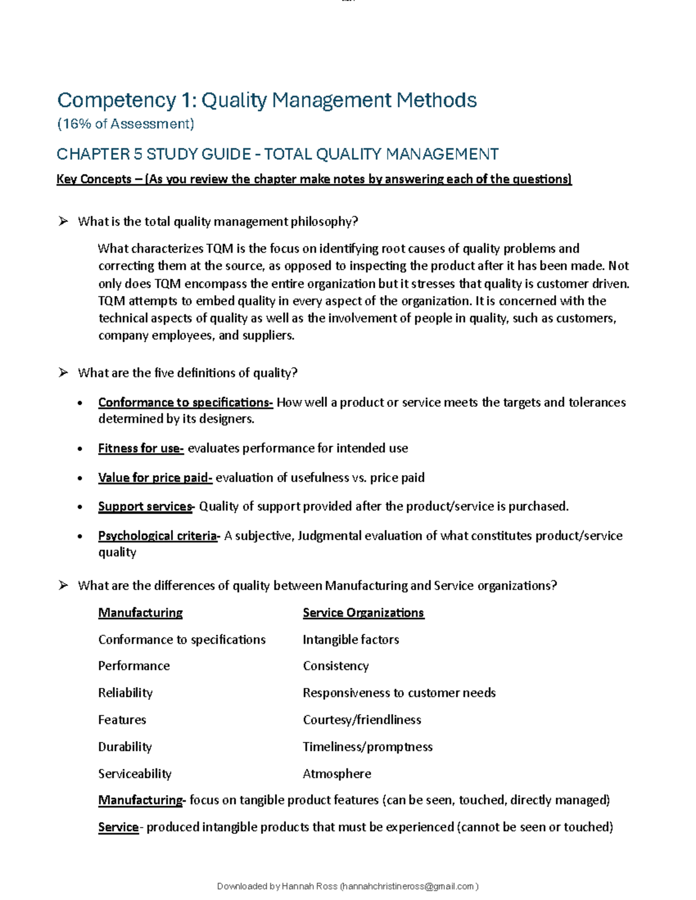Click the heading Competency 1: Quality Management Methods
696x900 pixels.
(267, 100)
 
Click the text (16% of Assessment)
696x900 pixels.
(125, 124)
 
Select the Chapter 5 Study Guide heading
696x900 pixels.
(277, 154)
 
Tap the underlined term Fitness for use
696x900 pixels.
(140, 449)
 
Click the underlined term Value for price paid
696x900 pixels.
(155, 478)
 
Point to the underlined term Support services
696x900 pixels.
(145, 507)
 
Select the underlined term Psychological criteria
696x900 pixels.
(158, 536)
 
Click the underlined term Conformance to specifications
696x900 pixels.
(185, 402)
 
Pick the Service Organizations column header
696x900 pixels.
(363, 613)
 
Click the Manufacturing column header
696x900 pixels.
(140, 613)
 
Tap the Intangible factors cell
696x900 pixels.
(351, 640)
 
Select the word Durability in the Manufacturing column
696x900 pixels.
(125, 747)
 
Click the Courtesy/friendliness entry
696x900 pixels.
(362, 720)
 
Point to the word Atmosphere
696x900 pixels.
(337, 774)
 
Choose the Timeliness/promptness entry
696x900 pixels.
(368, 747)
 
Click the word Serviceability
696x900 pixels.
(135, 774)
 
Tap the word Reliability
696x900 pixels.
(125, 693)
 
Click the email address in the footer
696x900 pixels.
(408, 887)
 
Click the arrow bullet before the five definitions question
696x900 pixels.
(63, 373)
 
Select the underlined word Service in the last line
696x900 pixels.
(118, 828)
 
